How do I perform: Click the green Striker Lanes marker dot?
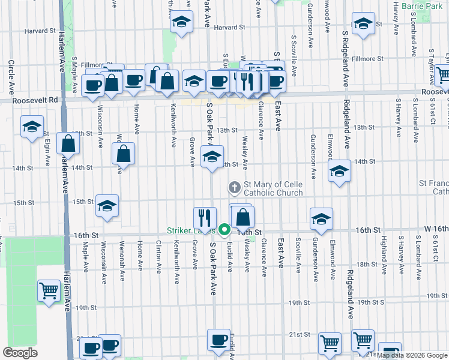click(224, 229)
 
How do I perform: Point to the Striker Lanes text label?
click(191, 230)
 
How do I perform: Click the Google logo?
click(20, 353)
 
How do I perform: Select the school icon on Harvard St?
click(181, 23)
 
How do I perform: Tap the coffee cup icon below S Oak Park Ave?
click(218, 339)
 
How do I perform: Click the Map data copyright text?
click(411, 355)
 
